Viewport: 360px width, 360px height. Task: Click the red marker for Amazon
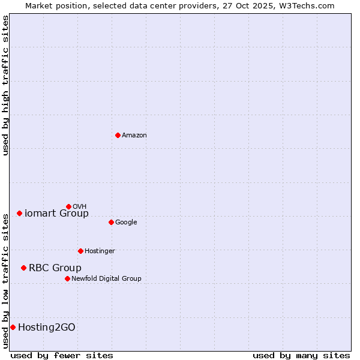118,135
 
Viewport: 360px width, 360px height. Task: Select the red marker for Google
111,222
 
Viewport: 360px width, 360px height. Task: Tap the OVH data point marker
68,206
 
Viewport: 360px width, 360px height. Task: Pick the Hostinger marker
80,251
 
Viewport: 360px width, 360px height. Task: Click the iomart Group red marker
19,213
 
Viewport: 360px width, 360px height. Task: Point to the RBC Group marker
23,268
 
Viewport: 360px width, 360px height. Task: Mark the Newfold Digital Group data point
67,278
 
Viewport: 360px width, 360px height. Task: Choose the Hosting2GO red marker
13,327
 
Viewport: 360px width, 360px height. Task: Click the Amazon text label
134,136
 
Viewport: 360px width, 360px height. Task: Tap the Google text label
126,223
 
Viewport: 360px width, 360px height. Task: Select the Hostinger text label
100,251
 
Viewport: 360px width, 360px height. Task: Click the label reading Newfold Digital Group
106,279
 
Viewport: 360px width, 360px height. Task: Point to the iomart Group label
56,214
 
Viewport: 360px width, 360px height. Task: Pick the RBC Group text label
55,268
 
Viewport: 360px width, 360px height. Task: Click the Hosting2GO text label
47,328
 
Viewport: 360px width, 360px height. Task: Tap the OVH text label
80,207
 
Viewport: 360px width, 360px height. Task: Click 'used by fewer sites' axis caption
62,355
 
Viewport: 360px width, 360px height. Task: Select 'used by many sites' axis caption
301,355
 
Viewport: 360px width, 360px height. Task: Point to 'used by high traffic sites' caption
5,86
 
